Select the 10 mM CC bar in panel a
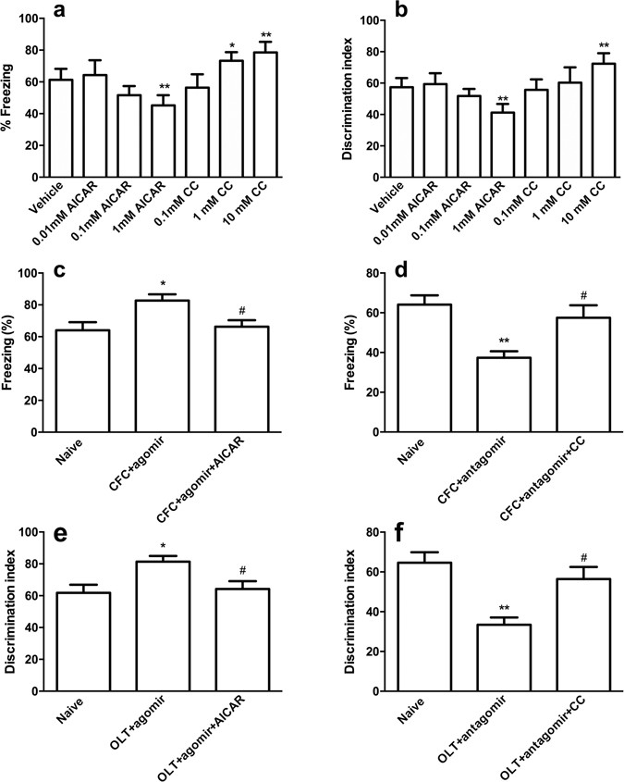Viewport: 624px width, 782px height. (x=267, y=115)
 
